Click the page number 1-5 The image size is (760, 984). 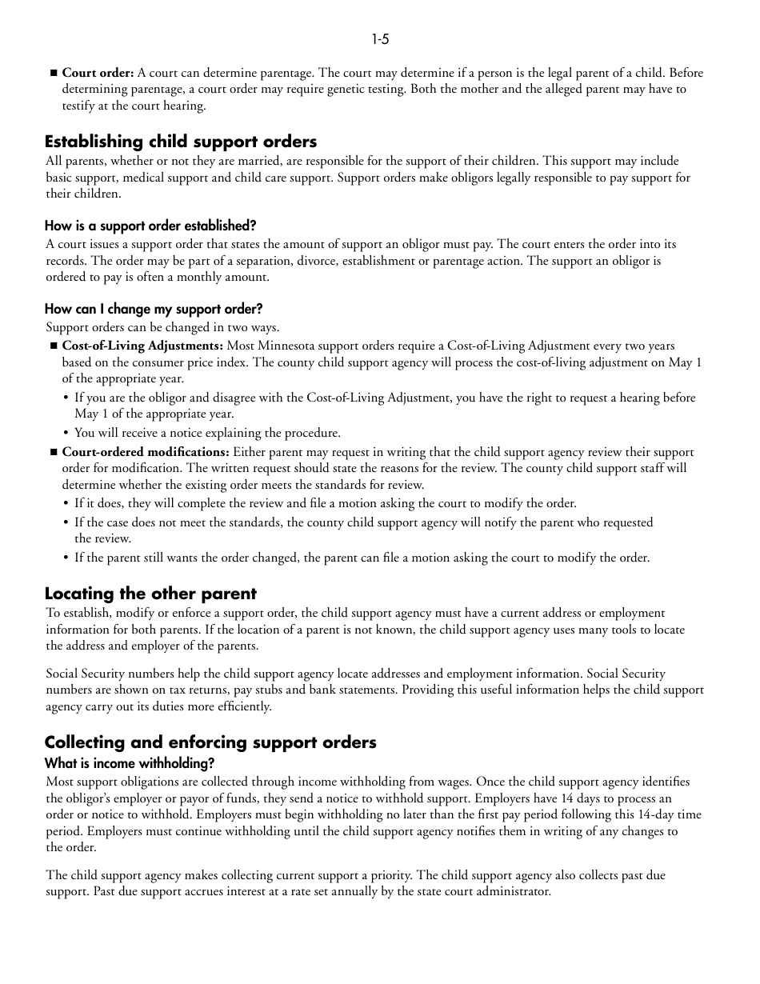click(x=380, y=39)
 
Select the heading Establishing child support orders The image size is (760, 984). click(x=181, y=142)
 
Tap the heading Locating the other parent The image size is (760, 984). click(x=150, y=594)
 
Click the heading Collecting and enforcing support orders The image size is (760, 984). click(x=210, y=742)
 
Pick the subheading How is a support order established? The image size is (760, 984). click(x=150, y=226)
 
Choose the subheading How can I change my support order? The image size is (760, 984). click(x=154, y=309)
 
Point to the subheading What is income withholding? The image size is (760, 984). click(x=130, y=763)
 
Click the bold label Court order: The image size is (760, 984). click(x=98, y=73)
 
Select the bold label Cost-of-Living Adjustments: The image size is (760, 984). click(x=142, y=346)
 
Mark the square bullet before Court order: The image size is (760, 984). click(x=54, y=73)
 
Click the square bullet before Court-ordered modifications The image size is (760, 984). click(x=54, y=452)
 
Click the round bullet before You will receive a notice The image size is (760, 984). click(x=66, y=433)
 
